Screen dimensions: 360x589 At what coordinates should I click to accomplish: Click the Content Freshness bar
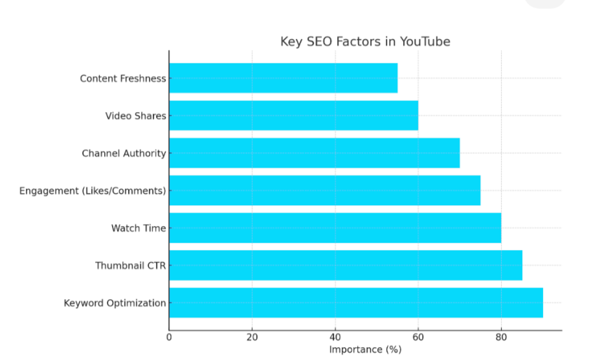click(x=283, y=78)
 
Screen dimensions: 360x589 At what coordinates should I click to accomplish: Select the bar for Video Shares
click(x=293, y=116)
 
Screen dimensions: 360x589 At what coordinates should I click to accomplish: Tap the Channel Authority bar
click(x=314, y=153)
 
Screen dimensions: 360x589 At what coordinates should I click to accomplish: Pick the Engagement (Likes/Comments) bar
click(x=324, y=190)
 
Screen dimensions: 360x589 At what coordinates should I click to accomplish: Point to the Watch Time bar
click(x=335, y=228)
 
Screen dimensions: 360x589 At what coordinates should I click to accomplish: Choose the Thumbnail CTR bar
click(x=345, y=265)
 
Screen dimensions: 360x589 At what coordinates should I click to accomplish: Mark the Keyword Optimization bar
click(x=355, y=303)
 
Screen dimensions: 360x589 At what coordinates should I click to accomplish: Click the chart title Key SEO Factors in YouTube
click(x=365, y=41)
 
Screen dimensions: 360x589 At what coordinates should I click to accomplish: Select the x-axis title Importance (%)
click(x=365, y=350)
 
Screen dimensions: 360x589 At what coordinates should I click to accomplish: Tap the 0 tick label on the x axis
click(x=170, y=337)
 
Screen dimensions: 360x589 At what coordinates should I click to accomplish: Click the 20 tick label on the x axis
click(x=252, y=337)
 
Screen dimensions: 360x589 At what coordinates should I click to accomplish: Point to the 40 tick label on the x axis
click(x=335, y=337)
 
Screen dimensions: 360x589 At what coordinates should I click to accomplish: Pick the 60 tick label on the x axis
click(x=417, y=337)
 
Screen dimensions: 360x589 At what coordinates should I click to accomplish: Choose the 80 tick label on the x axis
click(x=500, y=337)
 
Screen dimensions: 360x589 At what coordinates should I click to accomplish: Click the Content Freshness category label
click(x=123, y=78)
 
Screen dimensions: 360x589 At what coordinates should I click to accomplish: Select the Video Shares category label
click(x=135, y=116)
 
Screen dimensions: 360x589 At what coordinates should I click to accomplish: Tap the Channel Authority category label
click(x=124, y=153)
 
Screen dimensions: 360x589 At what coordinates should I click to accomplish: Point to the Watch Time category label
click(x=139, y=228)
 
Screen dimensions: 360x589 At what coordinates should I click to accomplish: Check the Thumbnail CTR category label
click(x=131, y=265)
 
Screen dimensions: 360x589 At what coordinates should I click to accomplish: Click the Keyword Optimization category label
click(x=115, y=303)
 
